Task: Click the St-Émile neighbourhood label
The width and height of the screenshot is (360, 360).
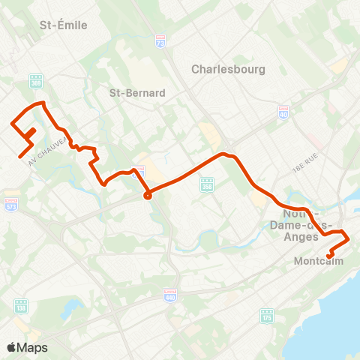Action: (x=63, y=25)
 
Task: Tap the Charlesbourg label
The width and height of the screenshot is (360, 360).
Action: (x=223, y=68)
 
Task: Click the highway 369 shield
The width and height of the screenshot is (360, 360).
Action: (x=36, y=81)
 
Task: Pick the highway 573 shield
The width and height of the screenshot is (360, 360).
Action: (x=10, y=203)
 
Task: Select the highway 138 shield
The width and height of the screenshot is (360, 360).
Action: (x=20, y=304)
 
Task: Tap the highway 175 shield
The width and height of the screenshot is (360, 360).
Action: (x=265, y=315)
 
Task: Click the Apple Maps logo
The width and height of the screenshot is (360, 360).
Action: (x=27, y=347)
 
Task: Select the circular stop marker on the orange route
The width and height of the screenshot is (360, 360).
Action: (x=148, y=196)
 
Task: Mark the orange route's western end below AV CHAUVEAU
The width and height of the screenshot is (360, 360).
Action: (x=19, y=156)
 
